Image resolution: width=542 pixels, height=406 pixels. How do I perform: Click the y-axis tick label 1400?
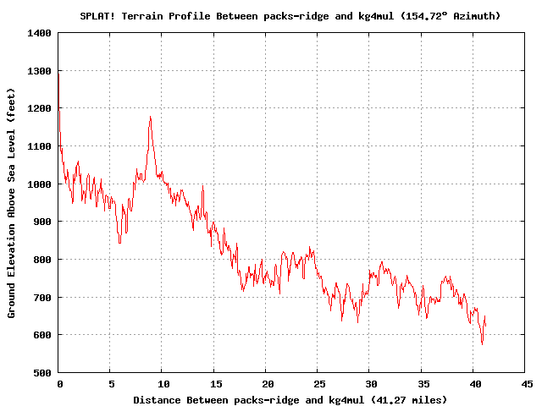pos(40,33)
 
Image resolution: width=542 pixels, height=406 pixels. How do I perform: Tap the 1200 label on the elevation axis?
pos(40,108)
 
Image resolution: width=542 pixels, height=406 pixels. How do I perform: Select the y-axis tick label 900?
pos(42,222)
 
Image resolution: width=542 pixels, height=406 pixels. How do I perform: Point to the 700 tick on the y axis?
pos(42,297)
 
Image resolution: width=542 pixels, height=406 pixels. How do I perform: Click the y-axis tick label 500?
pos(42,372)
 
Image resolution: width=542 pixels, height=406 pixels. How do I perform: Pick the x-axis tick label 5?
pos(111,384)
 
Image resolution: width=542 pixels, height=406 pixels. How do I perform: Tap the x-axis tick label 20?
pos(266,384)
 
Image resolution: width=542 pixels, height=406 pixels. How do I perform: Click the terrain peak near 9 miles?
pos(150,118)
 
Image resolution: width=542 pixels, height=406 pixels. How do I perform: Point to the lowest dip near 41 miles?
pos(482,343)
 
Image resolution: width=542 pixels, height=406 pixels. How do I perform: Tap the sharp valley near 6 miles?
pos(119,243)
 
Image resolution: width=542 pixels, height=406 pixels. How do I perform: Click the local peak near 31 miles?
pos(382,262)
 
